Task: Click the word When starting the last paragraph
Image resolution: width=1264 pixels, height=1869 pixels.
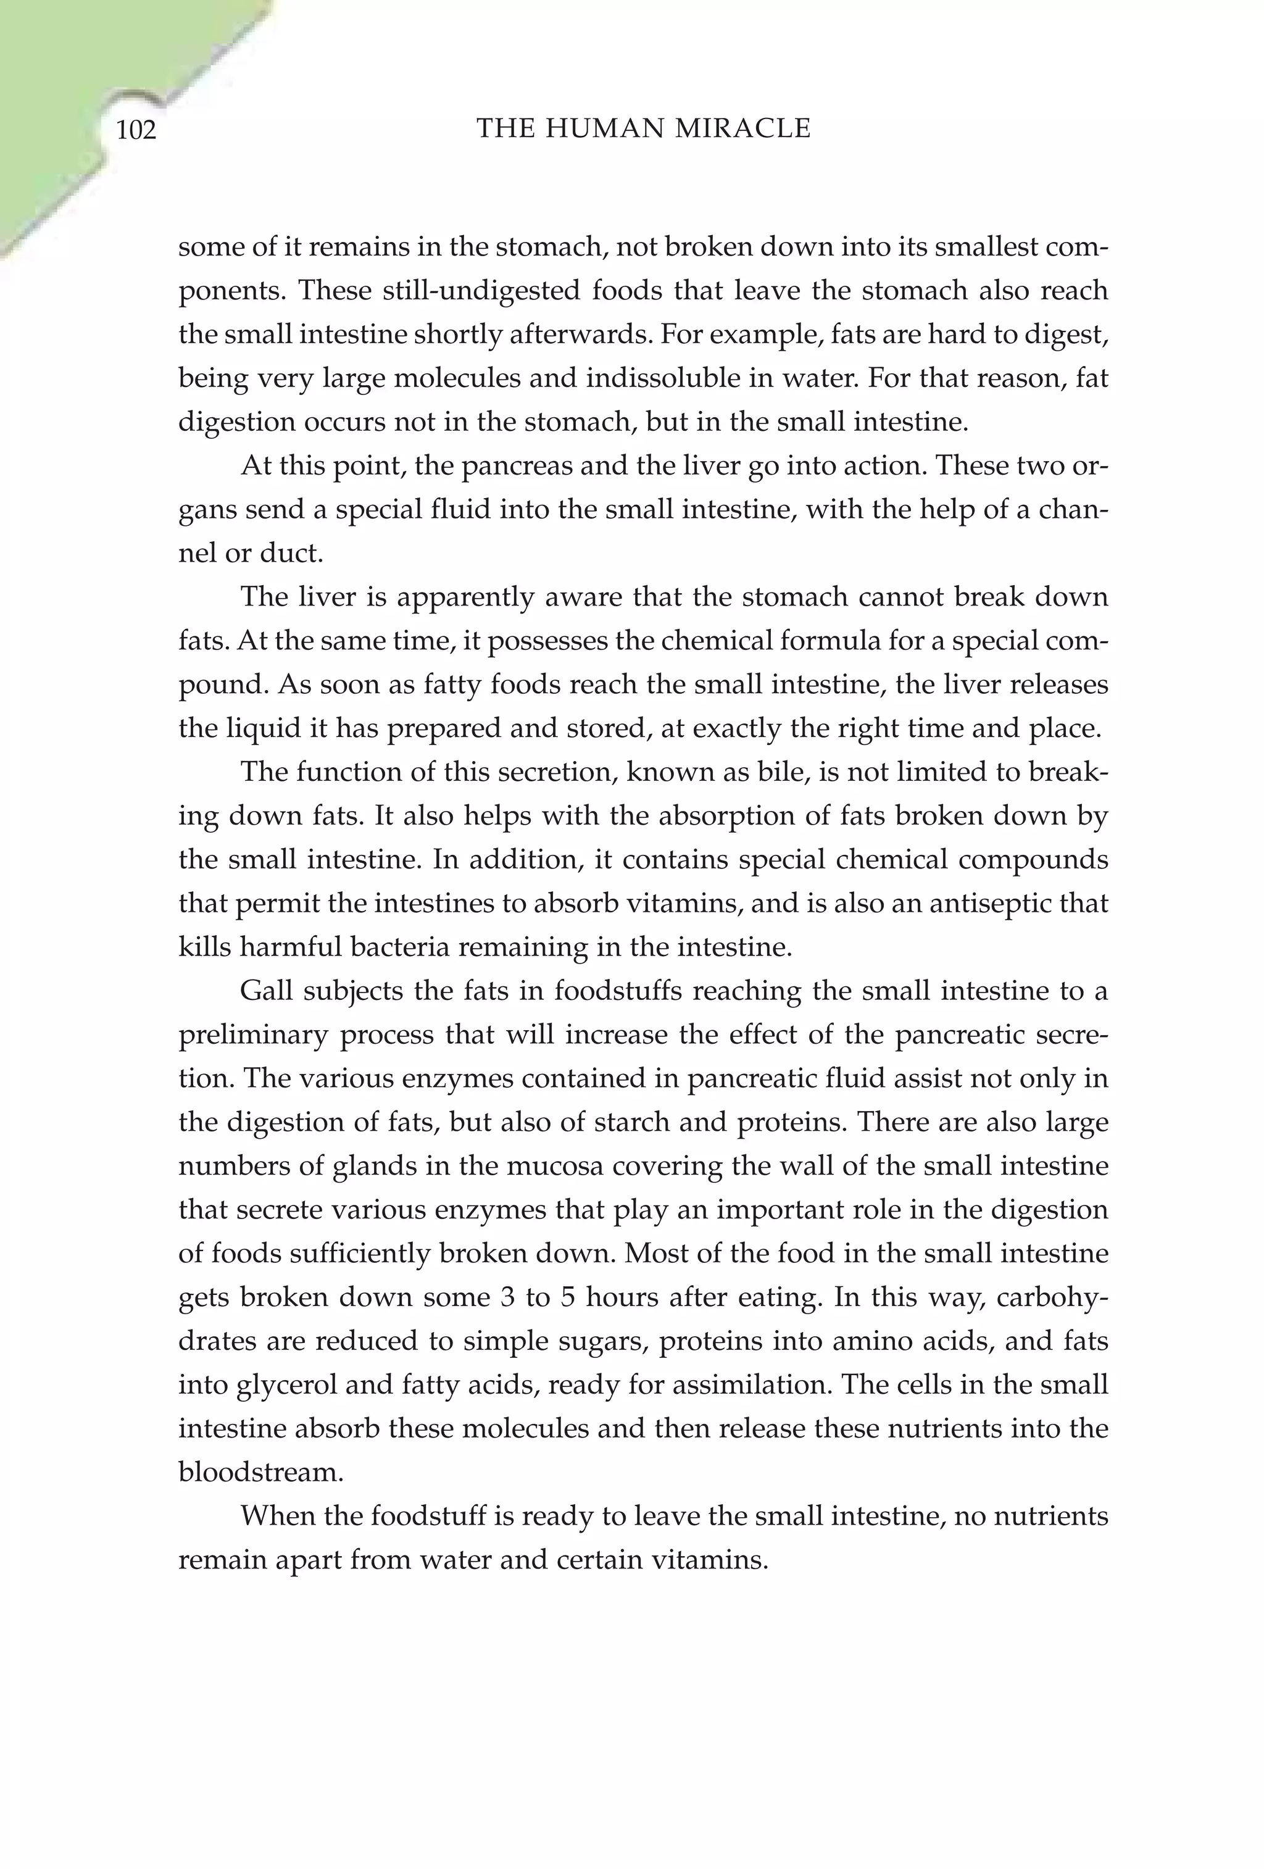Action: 279,1517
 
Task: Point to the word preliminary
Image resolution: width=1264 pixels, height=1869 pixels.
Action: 253,1035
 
